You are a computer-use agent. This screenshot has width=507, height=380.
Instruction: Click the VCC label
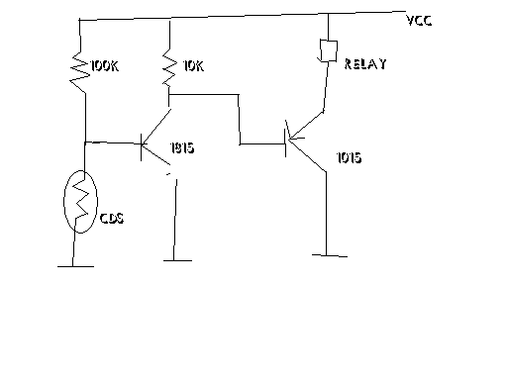click(x=419, y=21)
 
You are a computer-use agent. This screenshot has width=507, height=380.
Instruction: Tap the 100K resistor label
click(x=104, y=66)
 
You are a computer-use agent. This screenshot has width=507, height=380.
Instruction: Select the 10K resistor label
click(x=193, y=66)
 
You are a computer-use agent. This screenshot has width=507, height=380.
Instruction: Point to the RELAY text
click(x=365, y=64)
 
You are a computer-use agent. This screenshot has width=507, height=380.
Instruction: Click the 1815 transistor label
click(x=182, y=147)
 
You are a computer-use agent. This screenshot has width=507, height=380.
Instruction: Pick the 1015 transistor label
click(x=349, y=157)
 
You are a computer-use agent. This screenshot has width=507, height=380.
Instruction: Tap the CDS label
click(x=112, y=219)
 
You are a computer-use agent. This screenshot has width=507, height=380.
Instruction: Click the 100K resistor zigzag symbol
click(x=80, y=72)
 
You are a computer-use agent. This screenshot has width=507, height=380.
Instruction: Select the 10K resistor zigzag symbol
click(x=169, y=68)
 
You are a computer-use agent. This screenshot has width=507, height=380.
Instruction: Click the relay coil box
click(x=329, y=50)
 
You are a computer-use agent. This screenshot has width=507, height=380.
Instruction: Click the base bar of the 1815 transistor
click(x=142, y=147)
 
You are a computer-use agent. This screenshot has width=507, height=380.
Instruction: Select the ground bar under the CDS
click(x=75, y=266)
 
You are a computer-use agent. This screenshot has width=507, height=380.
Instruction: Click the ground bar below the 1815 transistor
click(x=177, y=260)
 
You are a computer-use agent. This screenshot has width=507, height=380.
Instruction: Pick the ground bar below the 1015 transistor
click(x=330, y=255)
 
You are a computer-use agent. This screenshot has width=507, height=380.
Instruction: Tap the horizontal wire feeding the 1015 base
click(x=262, y=144)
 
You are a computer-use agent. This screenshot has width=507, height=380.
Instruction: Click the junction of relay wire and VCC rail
click(x=328, y=14)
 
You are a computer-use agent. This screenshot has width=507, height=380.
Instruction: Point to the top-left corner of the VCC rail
click(x=79, y=20)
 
